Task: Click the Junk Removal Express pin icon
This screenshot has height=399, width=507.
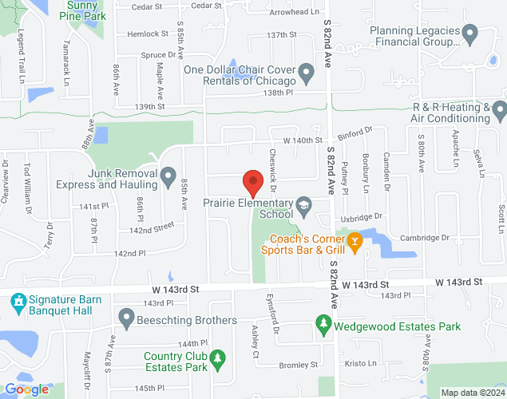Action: coord(168,176)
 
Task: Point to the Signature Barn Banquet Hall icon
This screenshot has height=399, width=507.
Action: coord(18,303)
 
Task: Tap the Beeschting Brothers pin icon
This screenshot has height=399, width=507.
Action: coord(126,320)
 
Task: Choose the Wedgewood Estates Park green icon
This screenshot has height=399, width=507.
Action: coord(323,326)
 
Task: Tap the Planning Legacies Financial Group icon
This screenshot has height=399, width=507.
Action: coord(470,34)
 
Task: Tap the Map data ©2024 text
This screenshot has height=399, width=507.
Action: coord(472,393)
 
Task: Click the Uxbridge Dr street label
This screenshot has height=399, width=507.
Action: coord(363,216)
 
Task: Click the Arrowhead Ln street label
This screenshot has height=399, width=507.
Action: coord(295,12)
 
